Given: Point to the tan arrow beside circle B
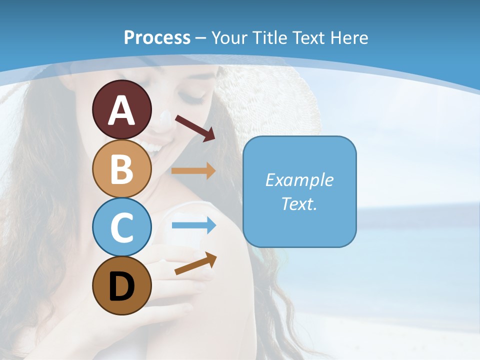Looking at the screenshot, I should click(x=194, y=170).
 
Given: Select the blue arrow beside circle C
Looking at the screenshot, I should click(x=194, y=225).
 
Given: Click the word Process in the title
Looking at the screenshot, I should click(x=157, y=38).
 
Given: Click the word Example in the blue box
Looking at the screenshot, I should click(x=299, y=180).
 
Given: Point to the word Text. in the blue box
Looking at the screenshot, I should click(x=299, y=204).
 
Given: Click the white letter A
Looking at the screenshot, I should click(x=121, y=110).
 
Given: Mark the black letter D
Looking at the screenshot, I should click(x=121, y=286).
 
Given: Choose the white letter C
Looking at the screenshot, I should click(x=121, y=228).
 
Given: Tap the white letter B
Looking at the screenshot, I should click(x=121, y=169).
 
